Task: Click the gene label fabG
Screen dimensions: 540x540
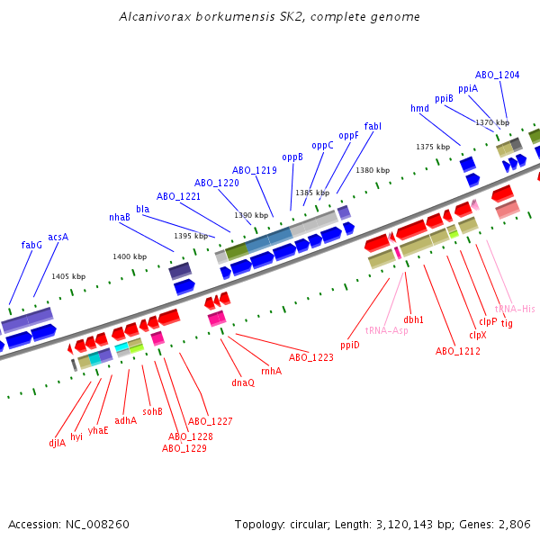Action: click(31, 245)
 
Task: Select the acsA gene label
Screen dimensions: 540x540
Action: click(58, 238)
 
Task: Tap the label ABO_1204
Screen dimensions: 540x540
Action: click(497, 75)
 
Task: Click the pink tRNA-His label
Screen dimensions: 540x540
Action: click(515, 309)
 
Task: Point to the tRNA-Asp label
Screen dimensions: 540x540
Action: click(386, 330)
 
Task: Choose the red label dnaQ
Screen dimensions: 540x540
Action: click(243, 382)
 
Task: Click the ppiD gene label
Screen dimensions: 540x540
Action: click(349, 345)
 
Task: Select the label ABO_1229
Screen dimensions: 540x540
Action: click(184, 447)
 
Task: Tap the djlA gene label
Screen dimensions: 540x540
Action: click(58, 442)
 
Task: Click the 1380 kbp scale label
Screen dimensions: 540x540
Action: click(373, 170)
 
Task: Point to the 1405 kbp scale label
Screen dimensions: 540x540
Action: click(68, 276)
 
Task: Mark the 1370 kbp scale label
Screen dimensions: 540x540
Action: click(492, 122)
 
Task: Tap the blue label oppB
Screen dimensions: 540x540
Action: click(292, 157)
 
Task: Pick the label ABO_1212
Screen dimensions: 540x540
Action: click(458, 351)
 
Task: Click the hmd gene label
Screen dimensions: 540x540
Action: click(419, 109)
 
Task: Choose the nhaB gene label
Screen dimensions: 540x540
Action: click(120, 217)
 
